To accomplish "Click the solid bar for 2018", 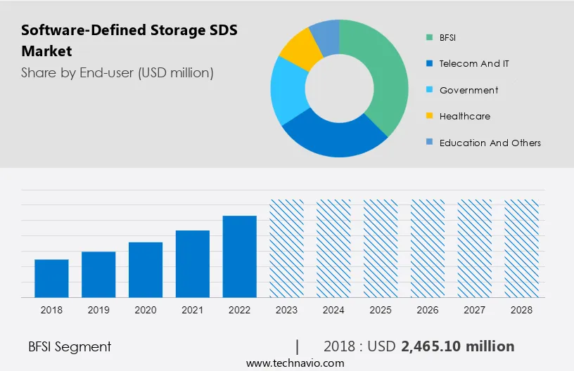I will [x=51, y=278].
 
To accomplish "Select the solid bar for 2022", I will [x=240, y=256].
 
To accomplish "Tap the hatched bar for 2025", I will [x=381, y=248].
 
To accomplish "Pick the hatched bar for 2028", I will [x=522, y=248].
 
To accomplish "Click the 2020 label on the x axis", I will [x=146, y=310].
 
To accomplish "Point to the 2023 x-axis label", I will [x=287, y=310].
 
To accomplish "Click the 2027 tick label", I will [x=475, y=310].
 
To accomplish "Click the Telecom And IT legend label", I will [x=474, y=63].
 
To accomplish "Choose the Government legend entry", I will [x=468, y=90].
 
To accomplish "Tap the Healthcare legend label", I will [x=465, y=116].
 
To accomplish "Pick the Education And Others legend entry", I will [x=490, y=143].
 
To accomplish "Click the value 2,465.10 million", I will [x=457, y=346].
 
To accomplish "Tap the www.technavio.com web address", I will [x=295, y=363].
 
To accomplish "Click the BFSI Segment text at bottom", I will [x=70, y=346].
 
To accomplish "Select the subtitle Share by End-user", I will [x=117, y=72].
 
